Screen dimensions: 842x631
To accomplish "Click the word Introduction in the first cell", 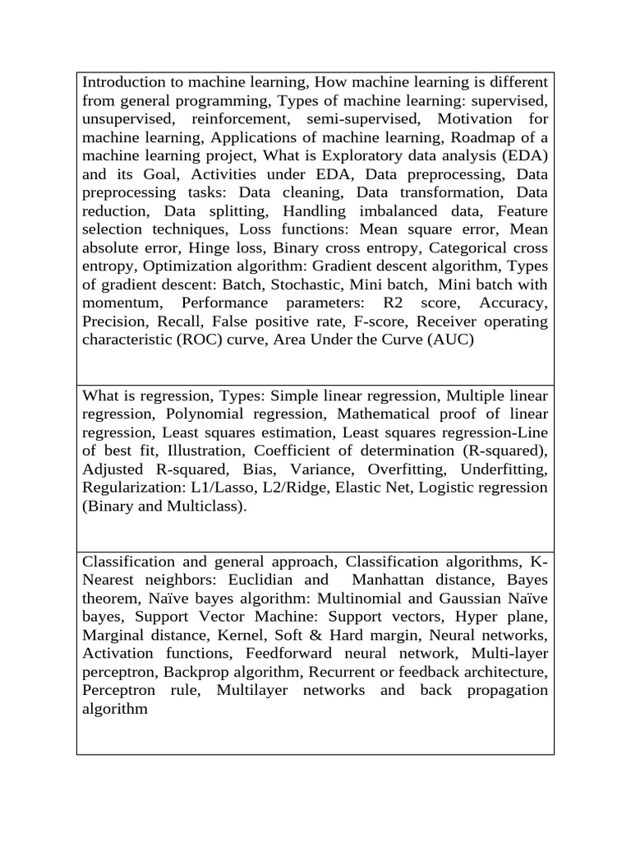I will point(124,82).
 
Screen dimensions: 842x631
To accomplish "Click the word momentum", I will point(122,303).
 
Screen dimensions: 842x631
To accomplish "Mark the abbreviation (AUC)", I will point(449,340).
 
